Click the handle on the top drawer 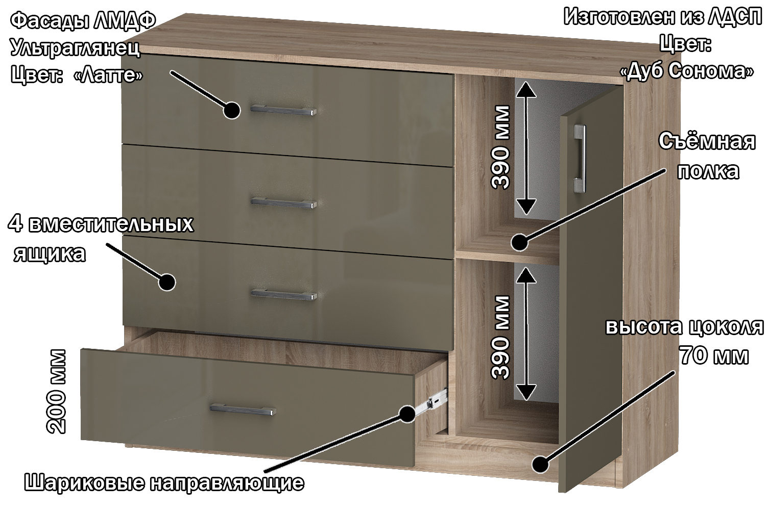[x=283, y=110]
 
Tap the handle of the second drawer [x=283, y=203]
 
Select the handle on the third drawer [x=284, y=294]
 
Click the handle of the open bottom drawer [x=243, y=409]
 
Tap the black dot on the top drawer [x=232, y=110]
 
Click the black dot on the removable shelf [x=519, y=243]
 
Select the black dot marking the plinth [x=540, y=464]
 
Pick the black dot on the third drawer [x=167, y=282]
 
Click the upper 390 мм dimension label [x=500, y=147]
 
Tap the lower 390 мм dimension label [x=500, y=338]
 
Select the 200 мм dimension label [x=56, y=392]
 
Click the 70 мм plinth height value [x=713, y=355]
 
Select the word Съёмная [x=707, y=141]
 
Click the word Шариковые [x=84, y=482]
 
